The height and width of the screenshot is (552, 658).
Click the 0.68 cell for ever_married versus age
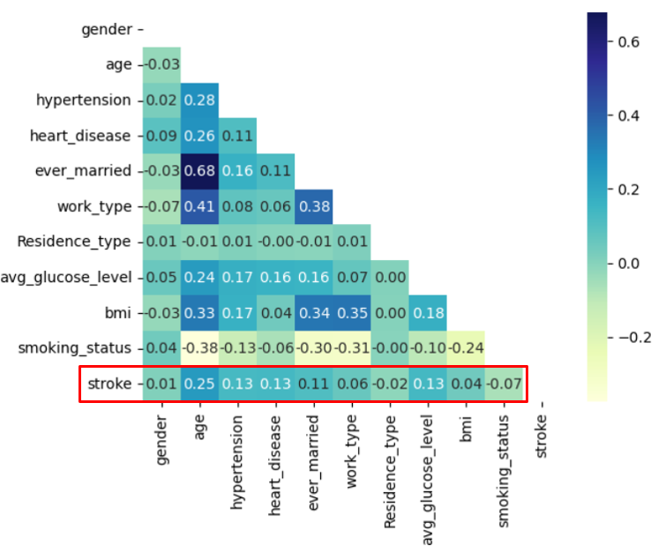[199, 171]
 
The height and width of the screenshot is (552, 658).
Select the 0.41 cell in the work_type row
[199, 206]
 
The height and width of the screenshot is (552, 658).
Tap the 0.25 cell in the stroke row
[199, 384]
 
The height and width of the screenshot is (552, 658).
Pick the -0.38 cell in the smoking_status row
[199, 348]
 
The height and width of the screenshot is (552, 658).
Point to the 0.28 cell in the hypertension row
[199, 101]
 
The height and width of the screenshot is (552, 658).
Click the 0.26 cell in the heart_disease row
[199, 136]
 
